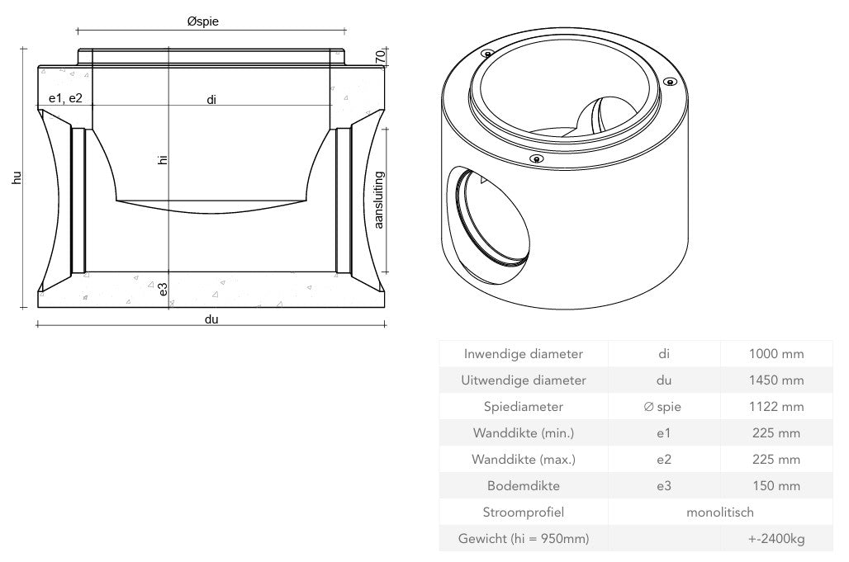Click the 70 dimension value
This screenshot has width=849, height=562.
[380, 57]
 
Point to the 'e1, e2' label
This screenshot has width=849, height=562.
[65, 98]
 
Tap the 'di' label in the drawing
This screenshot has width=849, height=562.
[211, 100]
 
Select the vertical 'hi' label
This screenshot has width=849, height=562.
[163, 160]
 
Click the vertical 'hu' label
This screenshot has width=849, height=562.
[17, 177]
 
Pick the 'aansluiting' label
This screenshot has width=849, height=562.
[379, 200]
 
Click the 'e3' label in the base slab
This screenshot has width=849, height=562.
[163, 289]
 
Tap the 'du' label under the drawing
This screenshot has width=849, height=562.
[211, 319]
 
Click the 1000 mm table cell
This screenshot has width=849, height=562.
[775, 354]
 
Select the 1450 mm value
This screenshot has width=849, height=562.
[775, 380]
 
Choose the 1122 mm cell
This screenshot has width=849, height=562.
[775, 407]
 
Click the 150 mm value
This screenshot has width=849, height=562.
[775, 486]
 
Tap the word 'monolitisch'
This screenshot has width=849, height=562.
[719, 512]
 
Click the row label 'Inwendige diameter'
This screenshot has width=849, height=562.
[523, 354]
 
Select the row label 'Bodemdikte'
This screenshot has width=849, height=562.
[523, 486]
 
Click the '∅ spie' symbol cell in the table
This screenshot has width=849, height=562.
[663, 407]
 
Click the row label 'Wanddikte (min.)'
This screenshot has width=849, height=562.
[523, 433]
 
